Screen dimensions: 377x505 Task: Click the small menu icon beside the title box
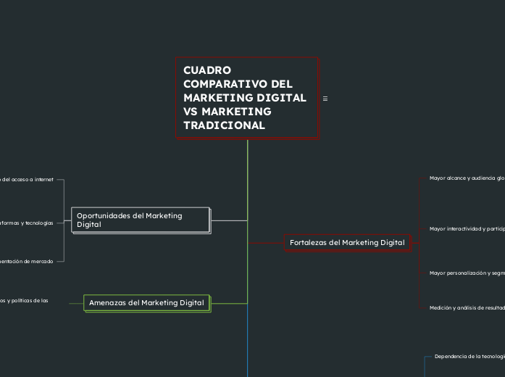(325, 99)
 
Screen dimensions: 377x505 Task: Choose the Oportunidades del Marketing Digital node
(141, 220)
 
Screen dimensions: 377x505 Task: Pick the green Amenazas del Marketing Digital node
(146, 302)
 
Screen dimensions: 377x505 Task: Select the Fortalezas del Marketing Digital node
(347, 242)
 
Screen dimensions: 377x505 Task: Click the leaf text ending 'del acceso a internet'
(27, 179)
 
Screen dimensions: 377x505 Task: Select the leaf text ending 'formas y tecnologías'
(27, 223)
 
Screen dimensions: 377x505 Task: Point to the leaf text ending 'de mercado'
(27, 261)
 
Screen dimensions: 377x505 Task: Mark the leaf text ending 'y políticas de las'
(24, 299)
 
